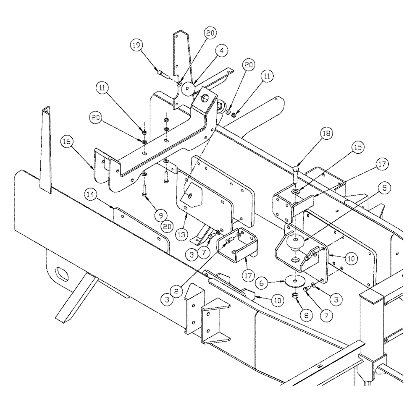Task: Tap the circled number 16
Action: (x=68, y=142)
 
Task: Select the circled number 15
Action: (x=358, y=147)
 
